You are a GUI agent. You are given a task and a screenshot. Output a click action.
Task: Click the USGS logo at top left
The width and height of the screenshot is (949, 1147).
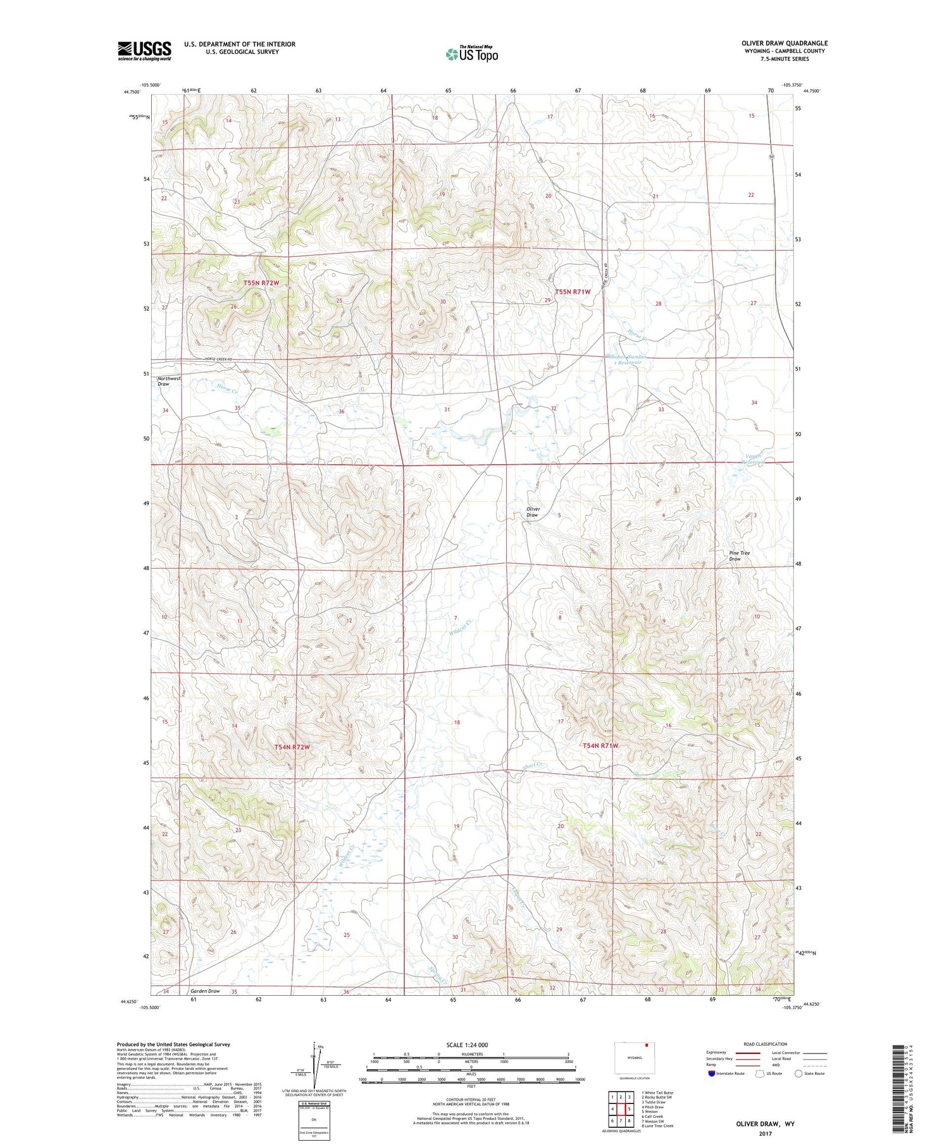pos(144,51)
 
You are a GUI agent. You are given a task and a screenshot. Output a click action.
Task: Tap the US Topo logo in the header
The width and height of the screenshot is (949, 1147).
pos(471,54)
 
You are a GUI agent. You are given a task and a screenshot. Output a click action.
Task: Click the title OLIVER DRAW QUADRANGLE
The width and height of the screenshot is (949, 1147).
pos(785,43)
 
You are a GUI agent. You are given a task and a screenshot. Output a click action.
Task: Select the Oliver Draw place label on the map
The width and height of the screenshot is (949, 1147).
pos(533,512)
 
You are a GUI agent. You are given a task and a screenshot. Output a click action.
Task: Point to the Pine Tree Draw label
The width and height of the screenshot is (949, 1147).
pos(739,555)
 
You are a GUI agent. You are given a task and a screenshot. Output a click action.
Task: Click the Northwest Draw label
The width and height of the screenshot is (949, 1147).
pos(169,381)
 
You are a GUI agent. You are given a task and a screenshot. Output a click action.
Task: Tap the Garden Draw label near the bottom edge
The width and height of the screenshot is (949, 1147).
pos(205,991)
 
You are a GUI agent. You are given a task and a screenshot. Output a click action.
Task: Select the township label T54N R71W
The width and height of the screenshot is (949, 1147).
pos(600,746)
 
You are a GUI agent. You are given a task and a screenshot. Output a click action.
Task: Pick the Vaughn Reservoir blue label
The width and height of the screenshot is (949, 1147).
pos(753,459)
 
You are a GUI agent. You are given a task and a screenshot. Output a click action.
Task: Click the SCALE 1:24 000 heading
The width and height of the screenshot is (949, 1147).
pos(467,1045)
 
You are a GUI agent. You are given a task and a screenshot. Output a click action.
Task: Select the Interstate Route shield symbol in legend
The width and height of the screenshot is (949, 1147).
pos(712,1073)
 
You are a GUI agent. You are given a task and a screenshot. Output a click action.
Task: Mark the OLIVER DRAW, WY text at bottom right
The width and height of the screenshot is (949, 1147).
pos(765,1124)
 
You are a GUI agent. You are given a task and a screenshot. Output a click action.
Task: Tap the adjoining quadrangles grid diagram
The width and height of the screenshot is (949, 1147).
pos(621,1108)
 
